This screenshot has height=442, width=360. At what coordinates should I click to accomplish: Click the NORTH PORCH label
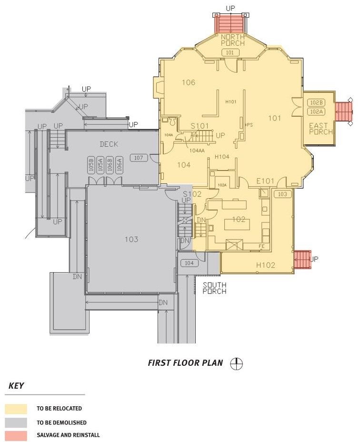click(232, 40)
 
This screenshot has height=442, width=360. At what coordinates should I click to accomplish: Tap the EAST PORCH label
click(320, 129)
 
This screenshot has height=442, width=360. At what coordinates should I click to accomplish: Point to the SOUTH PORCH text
click(214, 288)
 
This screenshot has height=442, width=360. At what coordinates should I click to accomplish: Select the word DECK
click(109, 144)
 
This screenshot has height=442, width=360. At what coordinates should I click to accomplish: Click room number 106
click(189, 82)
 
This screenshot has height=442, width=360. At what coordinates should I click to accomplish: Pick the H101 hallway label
click(231, 101)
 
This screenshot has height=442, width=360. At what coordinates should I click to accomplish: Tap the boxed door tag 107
click(139, 158)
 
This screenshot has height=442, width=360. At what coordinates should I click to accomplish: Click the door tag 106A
click(120, 165)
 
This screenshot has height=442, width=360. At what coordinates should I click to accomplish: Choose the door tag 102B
click(316, 103)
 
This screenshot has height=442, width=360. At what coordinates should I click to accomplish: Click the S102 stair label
click(192, 194)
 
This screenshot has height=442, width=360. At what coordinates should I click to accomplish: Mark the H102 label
click(266, 265)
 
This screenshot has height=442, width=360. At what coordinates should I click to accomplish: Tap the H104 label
click(222, 157)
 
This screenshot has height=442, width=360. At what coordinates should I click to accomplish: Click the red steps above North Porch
click(230, 22)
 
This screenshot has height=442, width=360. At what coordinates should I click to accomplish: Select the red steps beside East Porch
click(343, 112)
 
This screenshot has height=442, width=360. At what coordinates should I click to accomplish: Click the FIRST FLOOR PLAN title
click(185, 363)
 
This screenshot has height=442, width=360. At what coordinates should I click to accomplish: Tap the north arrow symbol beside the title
click(236, 363)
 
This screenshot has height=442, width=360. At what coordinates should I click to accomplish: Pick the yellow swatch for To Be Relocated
click(16, 409)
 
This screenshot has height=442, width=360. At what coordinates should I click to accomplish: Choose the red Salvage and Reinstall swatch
click(16, 435)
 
